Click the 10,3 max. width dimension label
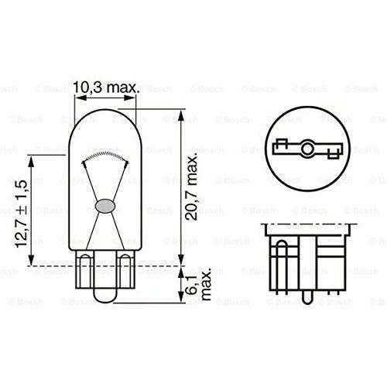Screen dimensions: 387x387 [106, 87]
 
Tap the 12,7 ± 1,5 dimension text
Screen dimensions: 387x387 [21, 214]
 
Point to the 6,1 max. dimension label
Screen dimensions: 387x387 [198, 284]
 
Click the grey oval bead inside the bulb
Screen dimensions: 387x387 [104, 206]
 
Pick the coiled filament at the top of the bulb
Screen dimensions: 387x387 [105, 156]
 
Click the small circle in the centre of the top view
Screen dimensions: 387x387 [307, 149]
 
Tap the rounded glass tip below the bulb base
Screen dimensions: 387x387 [104, 294]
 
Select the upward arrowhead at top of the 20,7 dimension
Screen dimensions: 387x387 [181, 116]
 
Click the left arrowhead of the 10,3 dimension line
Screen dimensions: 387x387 [80, 98]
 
